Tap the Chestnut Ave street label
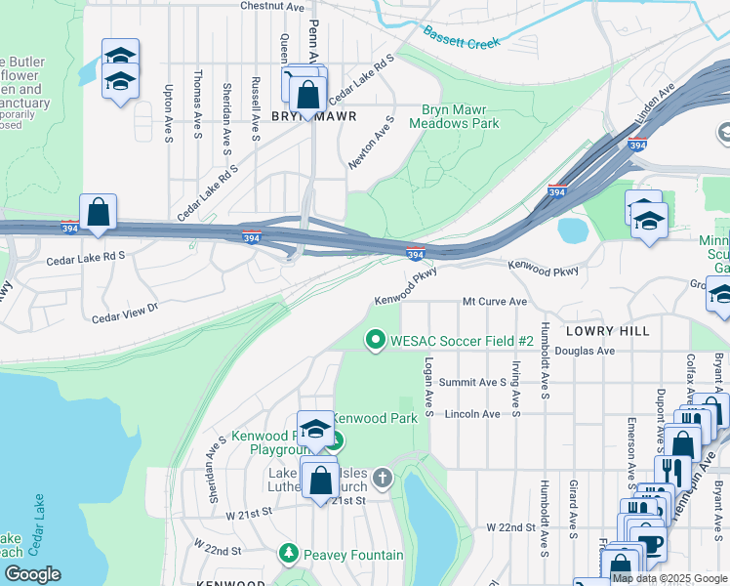coord(272,6)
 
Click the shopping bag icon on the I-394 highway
coord(99,212)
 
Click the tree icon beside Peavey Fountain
coord(288,555)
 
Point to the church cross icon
coord(384,479)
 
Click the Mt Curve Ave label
coord(495,302)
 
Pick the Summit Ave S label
coord(472,382)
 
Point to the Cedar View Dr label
coord(125,314)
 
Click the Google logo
coord(32,574)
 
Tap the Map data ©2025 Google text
coord(669,578)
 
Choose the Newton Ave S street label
coord(370,143)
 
